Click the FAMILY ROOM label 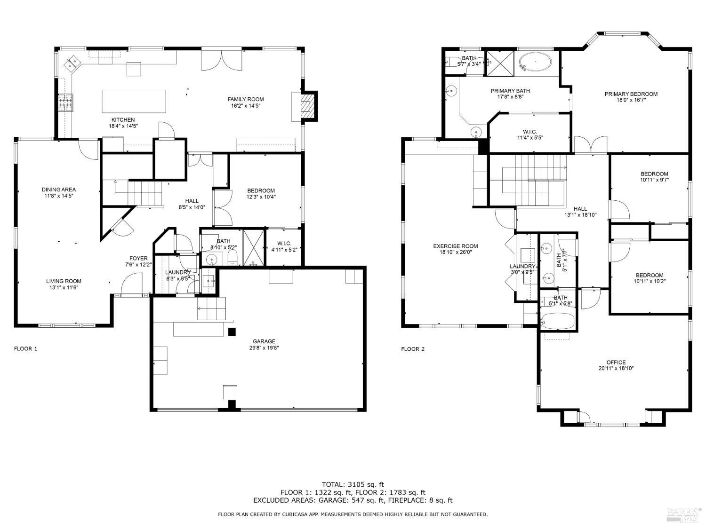tap(245, 99)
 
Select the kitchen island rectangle tap(134, 101)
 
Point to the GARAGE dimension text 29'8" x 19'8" tap(264, 348)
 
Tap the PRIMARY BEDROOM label tap(631, 94)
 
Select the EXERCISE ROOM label tap(455, 246)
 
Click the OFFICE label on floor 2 tap(616, 362)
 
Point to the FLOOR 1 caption tap(25, 349)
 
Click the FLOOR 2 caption tap(412, 349)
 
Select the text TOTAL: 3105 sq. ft tap(353, 484)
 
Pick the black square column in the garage tap(232, 332)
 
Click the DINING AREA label tap(58, 189)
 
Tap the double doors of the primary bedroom tap(591, 145)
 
